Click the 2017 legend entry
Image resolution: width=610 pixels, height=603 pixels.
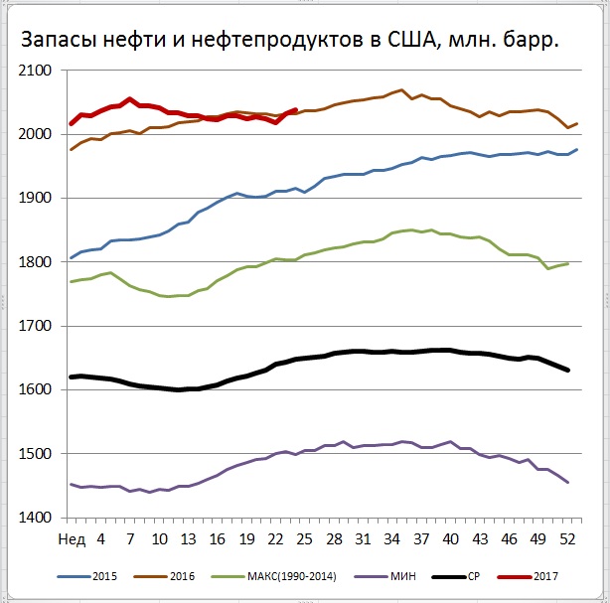pyautogui.click(x=547, y=576)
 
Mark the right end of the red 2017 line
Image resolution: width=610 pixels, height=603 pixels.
pyautogui.click(x=297, y=109)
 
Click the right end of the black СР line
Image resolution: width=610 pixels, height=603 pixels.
pyautogui.click(x=568, y=371)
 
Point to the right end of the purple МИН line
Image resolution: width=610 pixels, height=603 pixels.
pyautogui.click(x=568, y=483)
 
